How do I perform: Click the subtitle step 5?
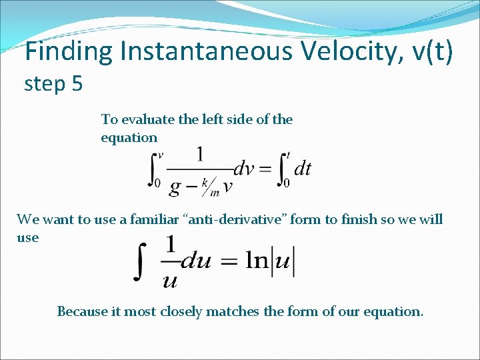click(x=53, y=85)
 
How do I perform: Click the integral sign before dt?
click(x=283, y=169)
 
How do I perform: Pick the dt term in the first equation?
click(x=303, y=169)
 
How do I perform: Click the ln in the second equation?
click(x=257, y=261)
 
